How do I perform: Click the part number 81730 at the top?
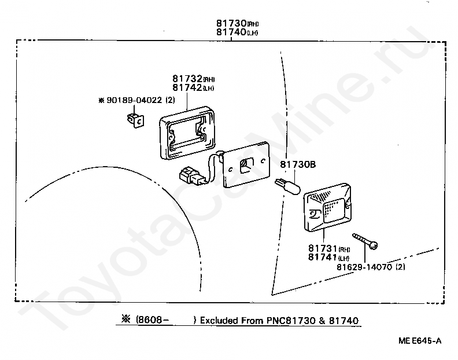[x=231, y=24]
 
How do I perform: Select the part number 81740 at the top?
[x=231, y=32]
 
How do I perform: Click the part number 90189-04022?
[x=135, y=100]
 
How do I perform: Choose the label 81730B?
[x=298, y=165]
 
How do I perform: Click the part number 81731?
[x=322, y=249]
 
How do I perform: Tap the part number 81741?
[x=322, y=257]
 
